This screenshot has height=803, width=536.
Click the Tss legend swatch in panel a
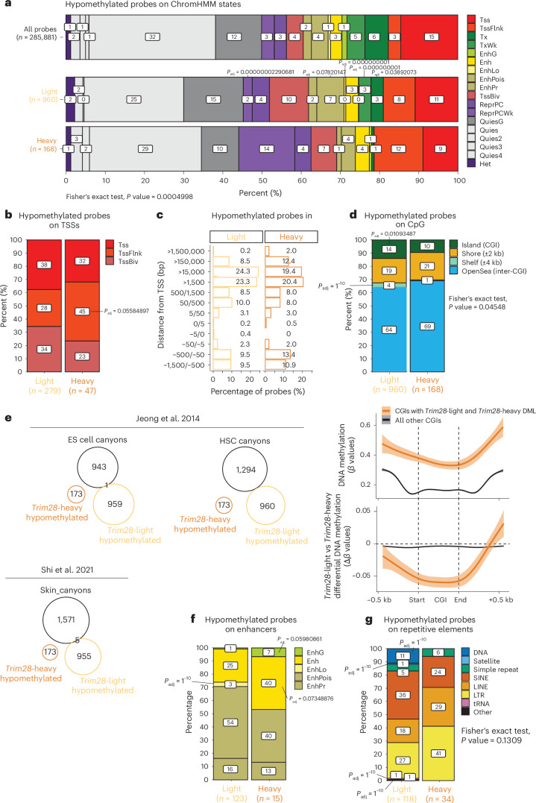click(x=473, y=16)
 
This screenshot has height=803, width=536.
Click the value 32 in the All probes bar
click(x=151, y=36)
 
